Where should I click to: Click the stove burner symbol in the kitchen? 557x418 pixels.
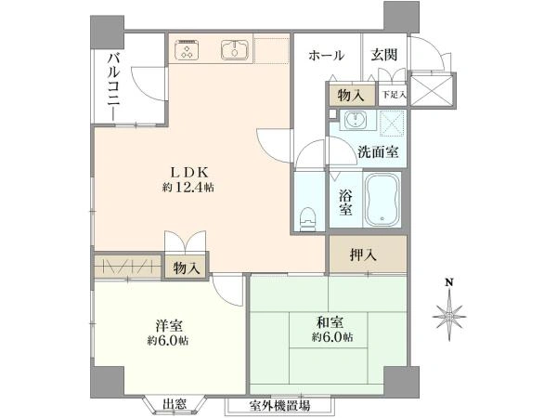click(x=187, y=50)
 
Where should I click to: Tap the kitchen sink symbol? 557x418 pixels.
click(x=234, y=50)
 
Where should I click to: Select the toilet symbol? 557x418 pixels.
click(x=307, y=219)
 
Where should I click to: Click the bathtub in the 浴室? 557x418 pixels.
click(x=382, y=200)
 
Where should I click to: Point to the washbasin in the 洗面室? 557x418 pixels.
click(x=356, y=120)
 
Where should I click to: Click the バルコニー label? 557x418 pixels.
click(x=114, y=88)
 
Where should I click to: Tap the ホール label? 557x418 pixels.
click(x=326, y=56)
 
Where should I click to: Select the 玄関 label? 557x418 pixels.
click(x=384, y=55)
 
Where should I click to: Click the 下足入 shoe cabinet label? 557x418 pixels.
click(x=394, y=95)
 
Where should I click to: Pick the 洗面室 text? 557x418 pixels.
click(x=378, y=152)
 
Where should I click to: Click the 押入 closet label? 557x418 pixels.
click(x=363, y=255)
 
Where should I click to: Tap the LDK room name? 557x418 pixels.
click(x=189, y=173)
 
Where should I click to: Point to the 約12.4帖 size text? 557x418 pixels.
click(x=188, y=188)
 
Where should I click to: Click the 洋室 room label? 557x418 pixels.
click(x=169, y=325)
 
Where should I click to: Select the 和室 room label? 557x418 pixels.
click(x=330, y=322)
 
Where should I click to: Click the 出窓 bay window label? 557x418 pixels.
click(x=175, y=404)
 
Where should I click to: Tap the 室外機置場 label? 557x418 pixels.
click(x=279, y=405)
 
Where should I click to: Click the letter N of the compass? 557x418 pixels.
click(x=449, y=283)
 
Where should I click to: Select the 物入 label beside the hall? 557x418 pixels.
click(x=351, y=96)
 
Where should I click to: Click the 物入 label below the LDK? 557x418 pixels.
click(x=187, y=268)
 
